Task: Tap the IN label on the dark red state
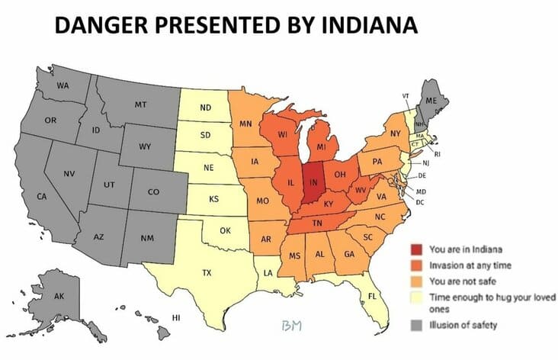tap(313, 182)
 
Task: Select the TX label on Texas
tap(207, 272)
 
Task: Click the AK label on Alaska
tap(59, 296)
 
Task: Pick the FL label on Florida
tap(373, 295)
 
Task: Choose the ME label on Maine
tap(431, 101)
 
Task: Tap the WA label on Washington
tap(63, 85)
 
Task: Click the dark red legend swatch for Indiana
tap(415, 249)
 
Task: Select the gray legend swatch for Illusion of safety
tap(415, 326)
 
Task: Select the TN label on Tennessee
tap(319, 223)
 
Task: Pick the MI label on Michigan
tap(322, 146)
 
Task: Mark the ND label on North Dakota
tap(205, 108)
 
